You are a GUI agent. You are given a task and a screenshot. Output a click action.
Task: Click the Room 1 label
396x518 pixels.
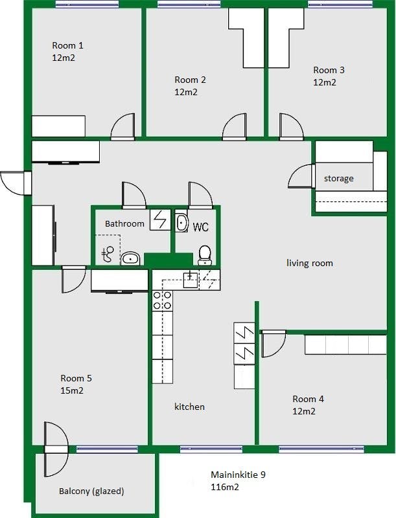[68, 45]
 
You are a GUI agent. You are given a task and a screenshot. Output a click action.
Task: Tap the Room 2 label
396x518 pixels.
[190, 80]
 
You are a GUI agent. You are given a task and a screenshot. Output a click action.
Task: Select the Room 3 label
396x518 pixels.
[329, 70]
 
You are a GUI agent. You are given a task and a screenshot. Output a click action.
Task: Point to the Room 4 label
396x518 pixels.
[308, 399]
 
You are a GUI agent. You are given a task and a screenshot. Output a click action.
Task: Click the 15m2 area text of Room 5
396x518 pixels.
[72, 390]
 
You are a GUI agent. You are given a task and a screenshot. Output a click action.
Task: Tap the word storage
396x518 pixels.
[339, 179]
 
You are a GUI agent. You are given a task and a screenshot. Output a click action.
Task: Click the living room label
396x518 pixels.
[310, 263]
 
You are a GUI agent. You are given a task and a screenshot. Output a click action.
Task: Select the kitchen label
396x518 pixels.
[189, 407]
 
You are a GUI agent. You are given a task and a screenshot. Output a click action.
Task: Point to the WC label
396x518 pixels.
[201, 227]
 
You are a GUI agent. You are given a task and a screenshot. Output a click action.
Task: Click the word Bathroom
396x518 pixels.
[124, 223]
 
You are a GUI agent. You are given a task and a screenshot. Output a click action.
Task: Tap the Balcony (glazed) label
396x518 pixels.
[91, 491]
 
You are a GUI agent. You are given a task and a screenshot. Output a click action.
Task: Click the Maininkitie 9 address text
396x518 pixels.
[238, 475]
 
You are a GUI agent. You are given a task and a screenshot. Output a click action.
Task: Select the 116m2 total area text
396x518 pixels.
[225, 487]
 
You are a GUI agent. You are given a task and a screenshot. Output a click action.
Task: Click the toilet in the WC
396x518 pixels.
[205, 255]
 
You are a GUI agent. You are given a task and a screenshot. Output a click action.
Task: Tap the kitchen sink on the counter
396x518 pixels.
[191, 280]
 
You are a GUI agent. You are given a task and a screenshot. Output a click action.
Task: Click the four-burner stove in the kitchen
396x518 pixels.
[162, 300]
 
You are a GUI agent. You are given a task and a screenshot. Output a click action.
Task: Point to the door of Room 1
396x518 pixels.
[122, 126]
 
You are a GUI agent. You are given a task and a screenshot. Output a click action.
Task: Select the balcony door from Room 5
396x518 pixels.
[56, 449]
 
